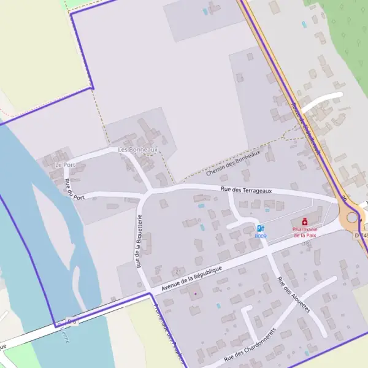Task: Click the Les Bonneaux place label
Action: coord(138,150)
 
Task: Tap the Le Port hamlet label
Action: coord(64,165)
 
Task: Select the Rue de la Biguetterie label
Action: coord(140,242)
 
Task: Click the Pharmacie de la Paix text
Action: coord(305,232)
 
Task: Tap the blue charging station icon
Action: coord(261,229)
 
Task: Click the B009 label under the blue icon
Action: coord(261,236)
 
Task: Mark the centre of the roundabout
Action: coord(351,217)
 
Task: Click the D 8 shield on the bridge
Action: coord(72,321)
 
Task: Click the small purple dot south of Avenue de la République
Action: coord(196,294)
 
